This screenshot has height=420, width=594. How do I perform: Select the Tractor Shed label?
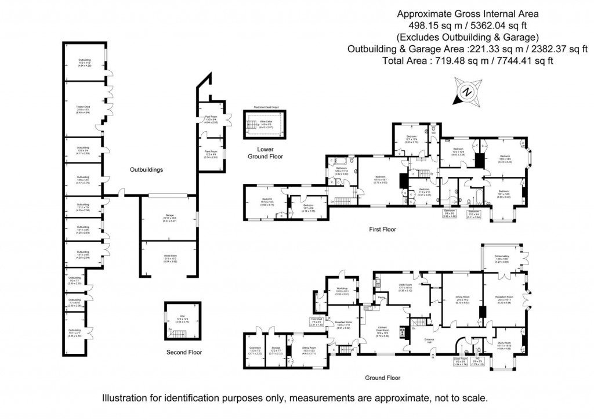click(x=84, y=108)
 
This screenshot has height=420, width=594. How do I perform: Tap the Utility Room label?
click(x=404, y=288)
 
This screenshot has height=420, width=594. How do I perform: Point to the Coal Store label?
click(x=255, y=350)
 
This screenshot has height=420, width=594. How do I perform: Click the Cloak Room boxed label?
click(x=461, y=362)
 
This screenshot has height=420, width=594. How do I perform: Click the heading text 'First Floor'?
click(x=383, y=230)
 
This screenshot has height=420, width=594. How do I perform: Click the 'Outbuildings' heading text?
click(x=146, y=170)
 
